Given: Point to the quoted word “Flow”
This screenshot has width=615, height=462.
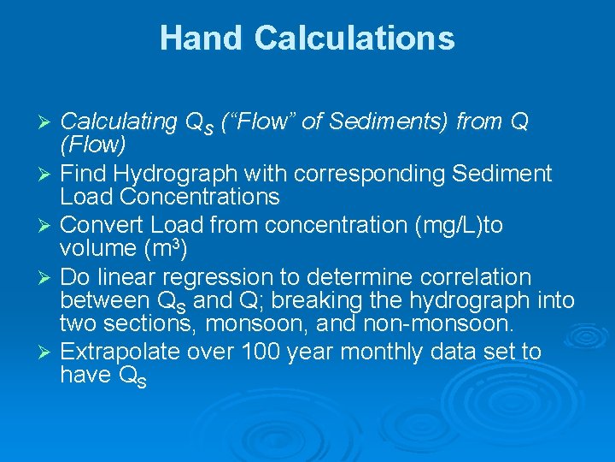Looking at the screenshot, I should coord(258,122).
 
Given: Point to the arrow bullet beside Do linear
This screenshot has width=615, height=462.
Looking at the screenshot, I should coord(48,278).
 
